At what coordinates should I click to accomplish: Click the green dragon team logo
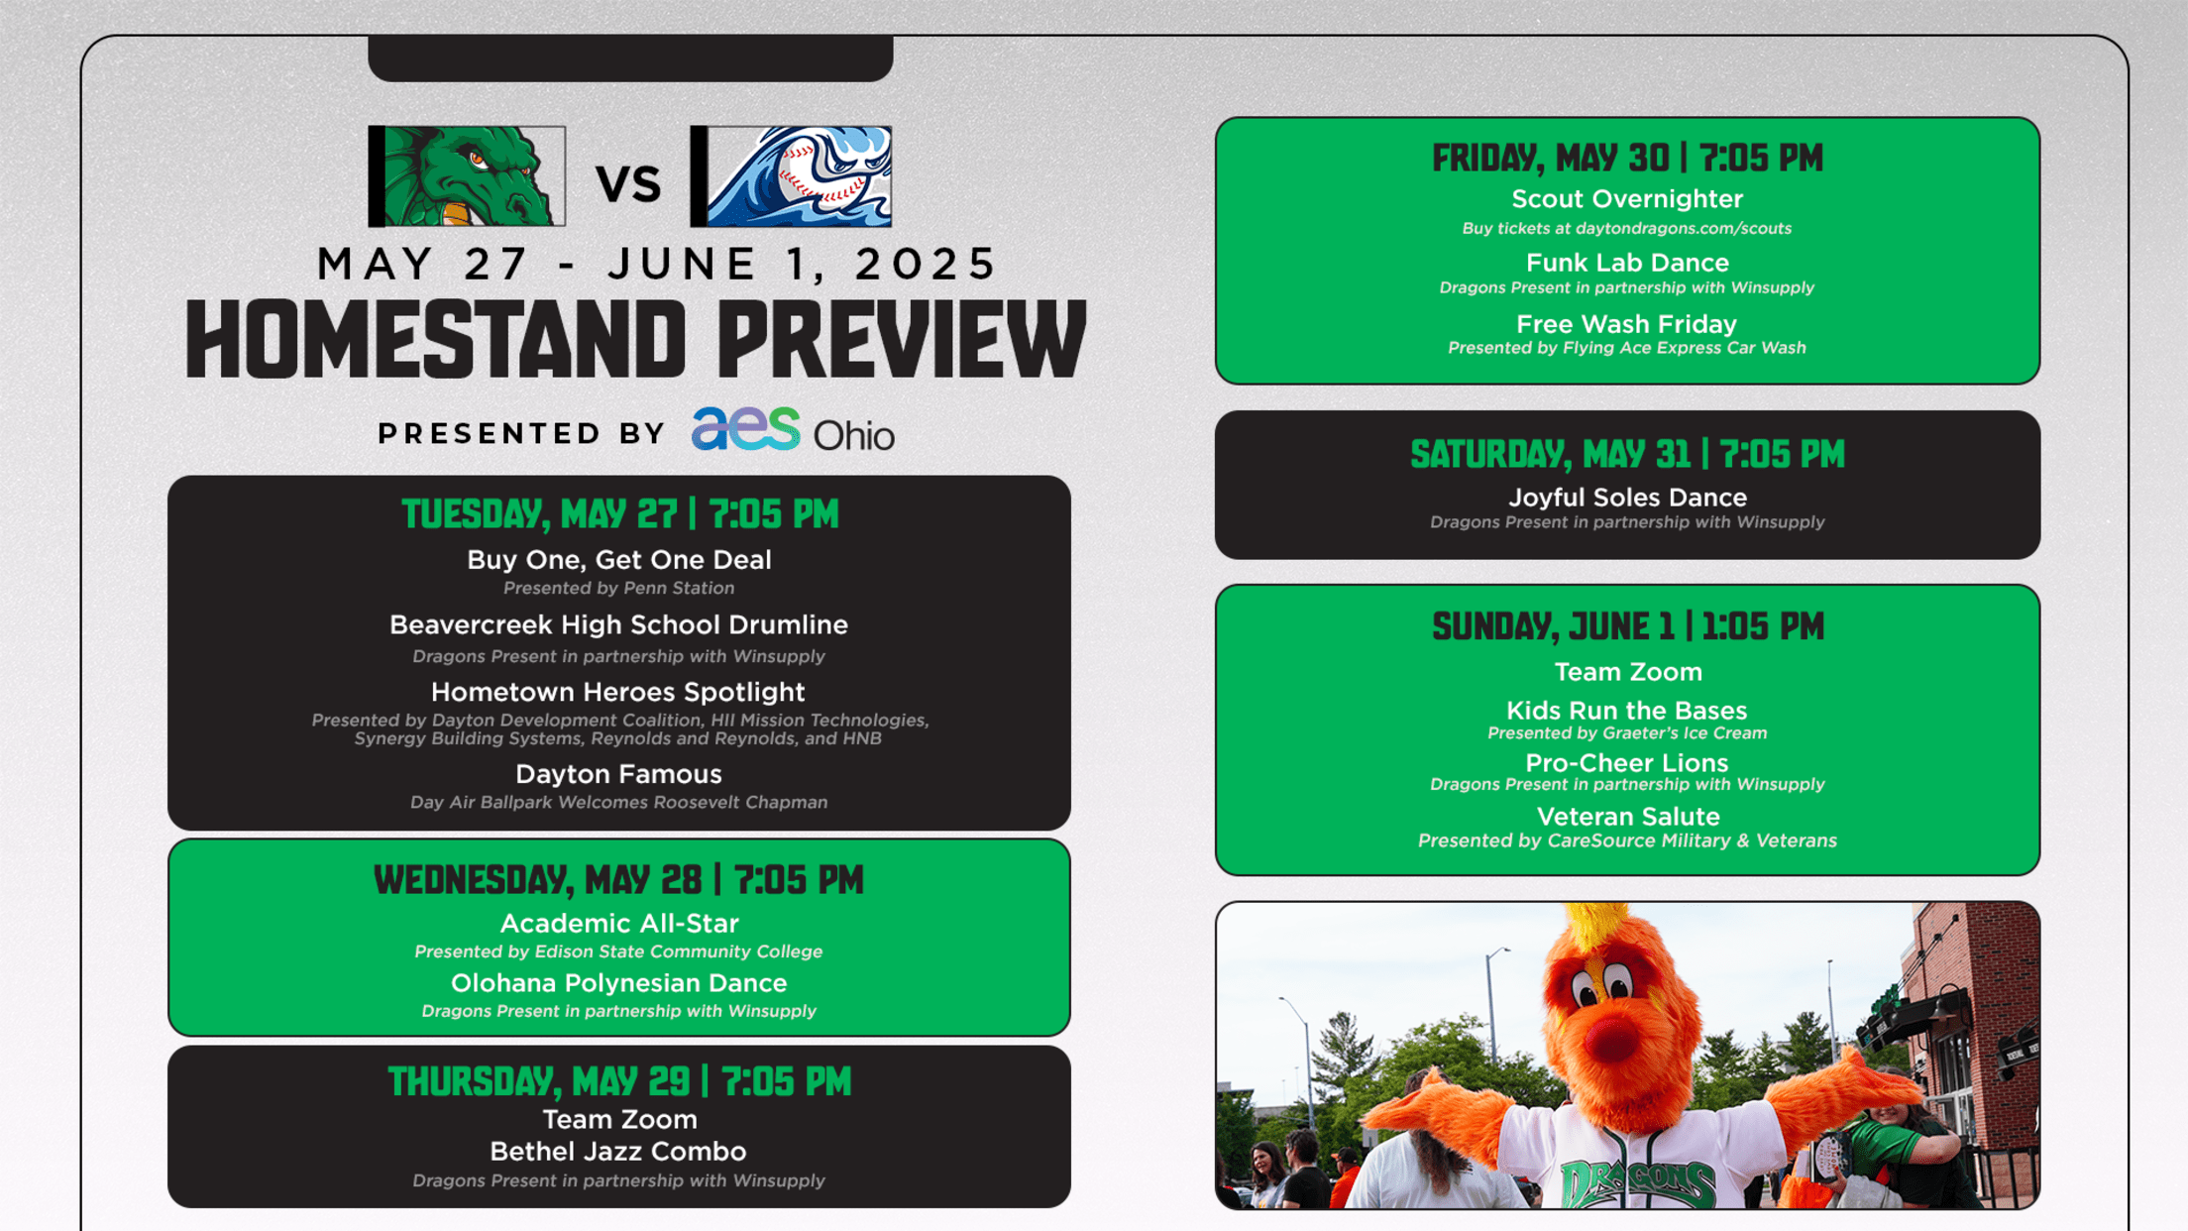467,176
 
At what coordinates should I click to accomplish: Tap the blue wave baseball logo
791,176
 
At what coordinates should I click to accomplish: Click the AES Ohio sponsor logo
793,429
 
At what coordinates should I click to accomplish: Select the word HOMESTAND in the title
436,340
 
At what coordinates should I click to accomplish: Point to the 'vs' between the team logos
628,183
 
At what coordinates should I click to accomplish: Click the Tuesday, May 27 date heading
619,514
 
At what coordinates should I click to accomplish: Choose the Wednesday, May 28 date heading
618,880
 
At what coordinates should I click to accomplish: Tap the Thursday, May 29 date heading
619,1081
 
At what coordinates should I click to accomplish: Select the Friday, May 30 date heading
1627,158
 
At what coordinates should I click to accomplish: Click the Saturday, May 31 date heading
1627,454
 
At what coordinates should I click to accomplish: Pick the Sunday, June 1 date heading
1627,626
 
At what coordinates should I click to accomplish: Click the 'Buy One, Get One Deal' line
619,560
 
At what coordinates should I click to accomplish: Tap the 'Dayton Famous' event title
618,774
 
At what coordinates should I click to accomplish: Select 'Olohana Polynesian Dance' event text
619,983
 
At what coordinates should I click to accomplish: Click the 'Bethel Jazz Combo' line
618,1152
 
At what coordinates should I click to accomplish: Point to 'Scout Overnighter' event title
1627,199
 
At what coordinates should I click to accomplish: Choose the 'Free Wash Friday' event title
1627,324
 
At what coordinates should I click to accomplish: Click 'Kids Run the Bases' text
1627,711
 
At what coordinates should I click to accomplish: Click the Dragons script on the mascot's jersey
1637,1182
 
